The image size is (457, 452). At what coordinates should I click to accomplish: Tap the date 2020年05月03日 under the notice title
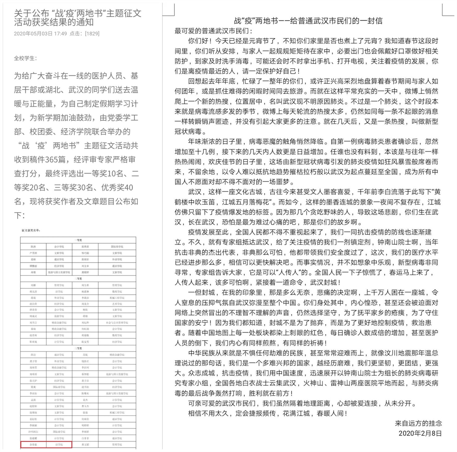click(x=33, y=34)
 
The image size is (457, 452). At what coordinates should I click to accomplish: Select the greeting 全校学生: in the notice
click(x=25, y=58)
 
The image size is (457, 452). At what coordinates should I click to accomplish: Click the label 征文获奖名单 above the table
click(x=31, y=230)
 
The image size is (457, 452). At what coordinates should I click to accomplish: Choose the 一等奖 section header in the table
click(x=78, y=240)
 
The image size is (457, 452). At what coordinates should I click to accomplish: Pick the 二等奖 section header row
click(x=78, y=279)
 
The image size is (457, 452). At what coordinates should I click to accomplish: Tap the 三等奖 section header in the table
click(x=78, y=348)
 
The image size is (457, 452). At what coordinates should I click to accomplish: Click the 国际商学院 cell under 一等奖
click(x=117, y=247)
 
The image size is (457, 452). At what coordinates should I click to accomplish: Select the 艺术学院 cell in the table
click(x=117, y=304)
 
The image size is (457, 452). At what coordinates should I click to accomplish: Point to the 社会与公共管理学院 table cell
click(x=117, y=322)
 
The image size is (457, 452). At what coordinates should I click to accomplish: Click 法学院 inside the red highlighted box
click(x=59, y=445)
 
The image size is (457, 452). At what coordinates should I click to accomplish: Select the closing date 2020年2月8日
click(x=420, y=433)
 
